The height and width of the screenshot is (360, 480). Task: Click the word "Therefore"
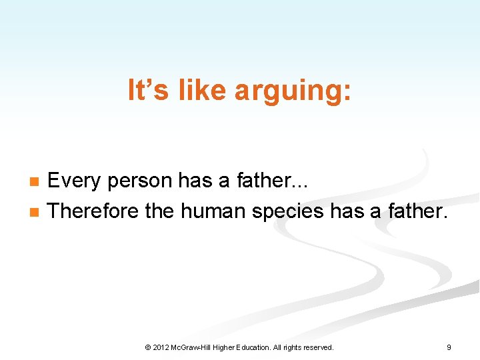tap(94, 211)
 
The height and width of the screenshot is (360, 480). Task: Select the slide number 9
tap(449, 347)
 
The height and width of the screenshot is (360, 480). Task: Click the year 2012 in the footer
tap(161, 347)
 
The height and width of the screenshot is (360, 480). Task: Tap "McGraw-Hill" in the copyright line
tap(194, 347)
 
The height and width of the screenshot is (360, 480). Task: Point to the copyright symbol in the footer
tap(147, 347)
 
